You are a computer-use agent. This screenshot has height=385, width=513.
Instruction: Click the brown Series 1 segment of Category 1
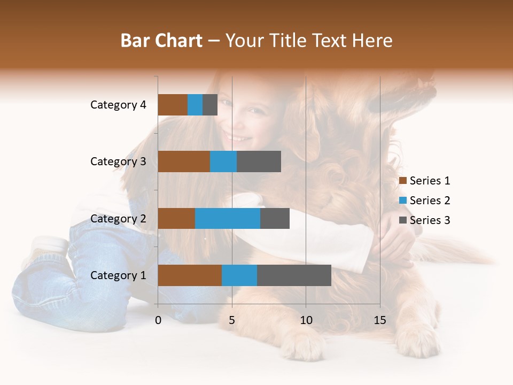[190, 275]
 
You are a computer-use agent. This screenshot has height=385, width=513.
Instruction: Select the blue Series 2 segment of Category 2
[228, 218]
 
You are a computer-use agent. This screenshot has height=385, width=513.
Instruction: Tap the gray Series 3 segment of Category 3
[259, 161]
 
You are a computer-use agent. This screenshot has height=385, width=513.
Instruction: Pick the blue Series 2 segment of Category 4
[195, 105]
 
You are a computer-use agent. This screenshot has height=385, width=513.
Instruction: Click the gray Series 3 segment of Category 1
[294, 275]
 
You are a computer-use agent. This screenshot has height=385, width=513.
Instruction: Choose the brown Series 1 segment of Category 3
[184, 161]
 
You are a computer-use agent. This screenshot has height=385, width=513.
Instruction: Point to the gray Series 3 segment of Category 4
[210, 105]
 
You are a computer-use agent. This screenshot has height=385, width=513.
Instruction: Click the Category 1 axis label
[118, 275]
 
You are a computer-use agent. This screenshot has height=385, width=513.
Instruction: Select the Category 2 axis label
[118, 218]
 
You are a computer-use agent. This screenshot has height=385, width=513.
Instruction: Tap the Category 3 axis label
[118, 161]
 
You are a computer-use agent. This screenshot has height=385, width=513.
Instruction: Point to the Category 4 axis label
[118, 105]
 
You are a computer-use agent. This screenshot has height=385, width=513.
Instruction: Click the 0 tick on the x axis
[158, 320]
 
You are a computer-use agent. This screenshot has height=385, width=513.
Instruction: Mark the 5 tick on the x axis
[232, 320]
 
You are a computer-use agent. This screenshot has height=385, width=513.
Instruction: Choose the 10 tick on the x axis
[306, 320]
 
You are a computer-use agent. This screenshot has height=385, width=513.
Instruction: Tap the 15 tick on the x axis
[380, 320]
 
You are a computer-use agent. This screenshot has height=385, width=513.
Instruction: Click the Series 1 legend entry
[425, 181]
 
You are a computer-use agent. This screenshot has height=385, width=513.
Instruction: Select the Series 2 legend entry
[425, 201]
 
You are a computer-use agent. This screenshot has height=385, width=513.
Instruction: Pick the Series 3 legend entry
[425, 220]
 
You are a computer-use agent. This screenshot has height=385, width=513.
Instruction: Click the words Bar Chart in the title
[161, 41]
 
